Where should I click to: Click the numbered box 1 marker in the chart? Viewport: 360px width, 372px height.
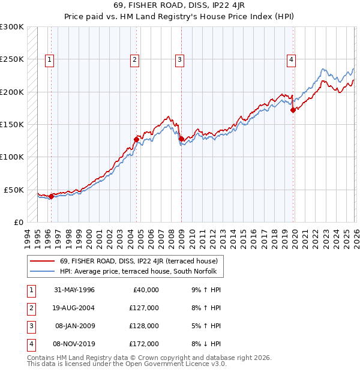pos(48,59)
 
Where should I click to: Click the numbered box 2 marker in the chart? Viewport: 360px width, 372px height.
pos(134,59)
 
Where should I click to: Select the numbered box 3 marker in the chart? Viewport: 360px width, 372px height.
pos(179,59)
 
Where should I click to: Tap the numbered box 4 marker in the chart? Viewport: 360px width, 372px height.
pos(290,59)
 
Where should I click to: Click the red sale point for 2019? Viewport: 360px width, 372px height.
pos(293,110)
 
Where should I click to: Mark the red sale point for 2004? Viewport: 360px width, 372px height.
pos(136,140)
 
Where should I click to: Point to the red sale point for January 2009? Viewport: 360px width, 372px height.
pos(181,139)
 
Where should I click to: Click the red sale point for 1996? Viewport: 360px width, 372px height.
pos(51,196)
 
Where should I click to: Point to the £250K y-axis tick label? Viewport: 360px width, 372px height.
pos(12,59)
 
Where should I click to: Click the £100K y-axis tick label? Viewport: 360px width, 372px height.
pos(12,157)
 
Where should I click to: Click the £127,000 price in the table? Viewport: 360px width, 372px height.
pos(144,308)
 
